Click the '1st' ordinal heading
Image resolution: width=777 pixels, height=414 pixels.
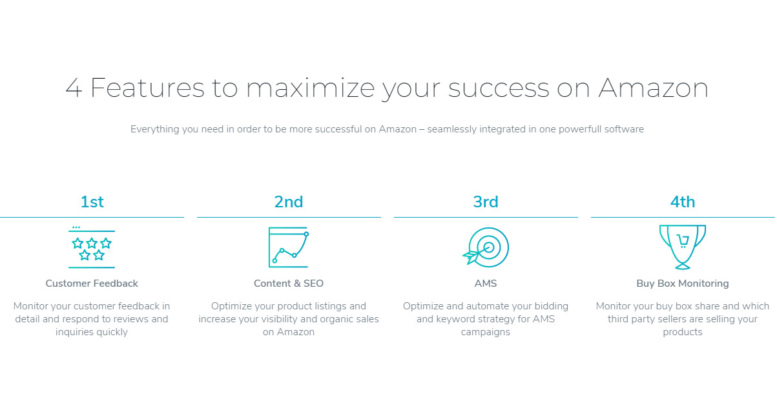(92, 202)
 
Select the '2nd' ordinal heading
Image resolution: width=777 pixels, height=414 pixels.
(289, 202)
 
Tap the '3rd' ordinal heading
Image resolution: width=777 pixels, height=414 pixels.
(486, 202)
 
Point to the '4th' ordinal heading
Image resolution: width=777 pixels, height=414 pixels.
(683, 202)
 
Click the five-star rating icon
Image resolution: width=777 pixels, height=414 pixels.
(92, 249)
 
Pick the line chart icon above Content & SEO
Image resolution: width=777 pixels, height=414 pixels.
(289, 247)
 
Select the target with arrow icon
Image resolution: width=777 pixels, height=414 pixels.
(486, 247)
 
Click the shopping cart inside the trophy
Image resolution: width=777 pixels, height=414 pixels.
(683, 241)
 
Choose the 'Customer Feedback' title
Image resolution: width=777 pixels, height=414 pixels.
(92, 284)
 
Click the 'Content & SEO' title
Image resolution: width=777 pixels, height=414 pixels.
(289, 284)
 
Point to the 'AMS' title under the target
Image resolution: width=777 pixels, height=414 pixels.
(486, 284)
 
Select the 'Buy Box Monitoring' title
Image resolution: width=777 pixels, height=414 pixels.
(683, 284)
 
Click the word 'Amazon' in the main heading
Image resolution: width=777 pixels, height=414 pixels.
(653, 88)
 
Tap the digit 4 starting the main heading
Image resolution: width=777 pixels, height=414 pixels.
(74, 88)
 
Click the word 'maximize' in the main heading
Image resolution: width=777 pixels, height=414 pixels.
(311, 88)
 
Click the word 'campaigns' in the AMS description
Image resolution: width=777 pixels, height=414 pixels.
(486, 332)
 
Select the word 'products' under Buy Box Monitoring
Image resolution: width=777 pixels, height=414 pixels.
(683, 332)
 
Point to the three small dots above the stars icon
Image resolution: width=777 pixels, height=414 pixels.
(76, 227)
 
